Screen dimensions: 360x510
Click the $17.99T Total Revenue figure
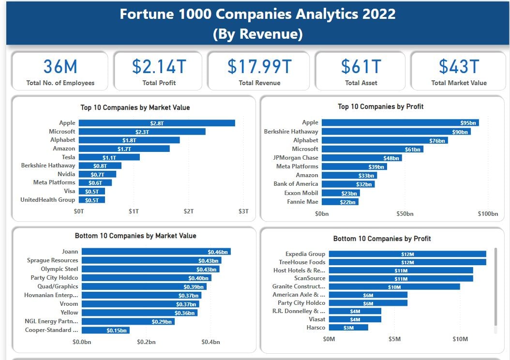pos(259,66)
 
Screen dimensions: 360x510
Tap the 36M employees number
pos(60,66)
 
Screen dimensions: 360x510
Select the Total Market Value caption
pos(459,83)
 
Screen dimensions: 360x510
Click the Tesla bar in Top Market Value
pos(109,157)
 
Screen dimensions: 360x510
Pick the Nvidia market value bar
pos(97,174)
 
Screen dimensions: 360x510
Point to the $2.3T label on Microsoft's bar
pos(143,132)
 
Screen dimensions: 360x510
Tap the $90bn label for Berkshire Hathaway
pos(460,132)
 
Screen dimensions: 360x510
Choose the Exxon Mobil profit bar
pos(341,193)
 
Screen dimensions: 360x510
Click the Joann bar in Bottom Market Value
pos(156,252)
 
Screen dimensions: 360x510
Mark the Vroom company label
pos(68,304)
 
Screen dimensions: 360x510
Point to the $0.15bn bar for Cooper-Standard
pos(105,330)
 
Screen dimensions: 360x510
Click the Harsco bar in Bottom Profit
pos(348,328)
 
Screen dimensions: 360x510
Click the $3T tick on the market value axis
pos(243,211)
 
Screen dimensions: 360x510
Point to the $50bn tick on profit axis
pos(405,214)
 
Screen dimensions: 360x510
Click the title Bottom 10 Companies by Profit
pos(382,239)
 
